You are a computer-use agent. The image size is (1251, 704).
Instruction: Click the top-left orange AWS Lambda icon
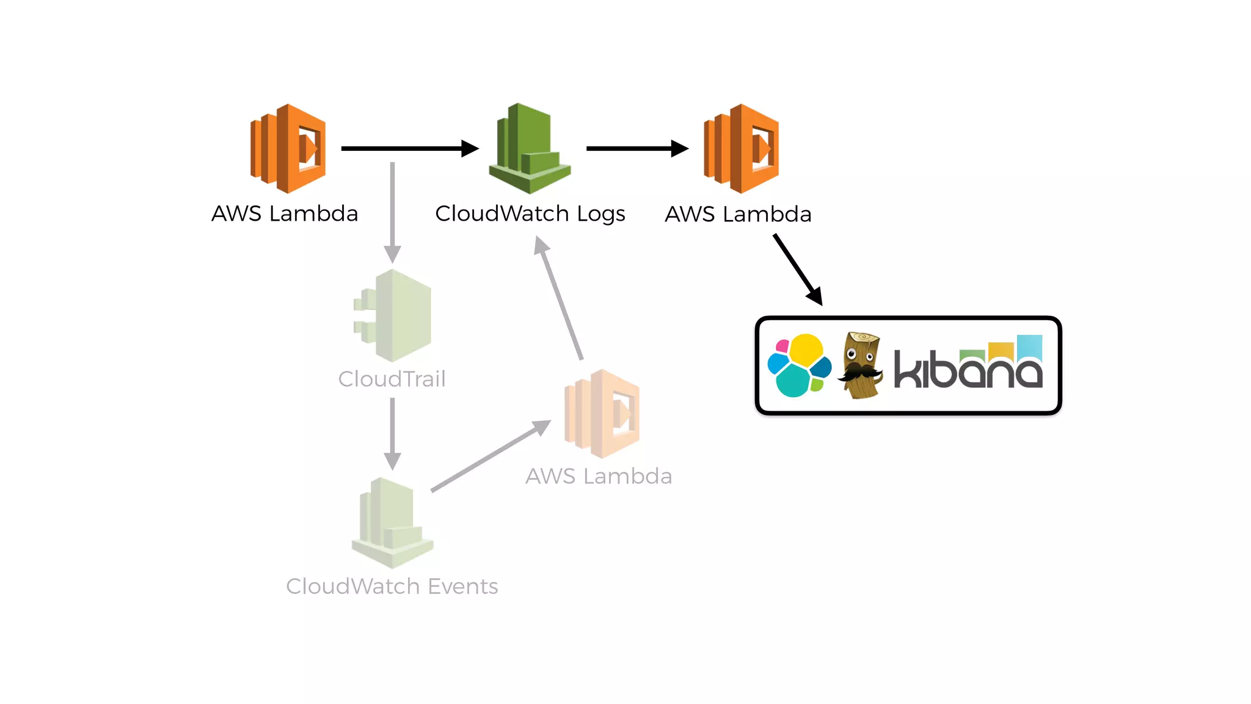288,148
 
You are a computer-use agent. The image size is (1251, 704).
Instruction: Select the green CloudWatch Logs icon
530,148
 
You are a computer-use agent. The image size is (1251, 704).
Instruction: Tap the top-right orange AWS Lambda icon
741,148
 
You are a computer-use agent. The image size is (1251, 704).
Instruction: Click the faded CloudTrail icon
393,315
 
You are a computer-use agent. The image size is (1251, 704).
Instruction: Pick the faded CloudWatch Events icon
392,523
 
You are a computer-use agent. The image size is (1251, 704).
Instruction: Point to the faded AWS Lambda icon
602,414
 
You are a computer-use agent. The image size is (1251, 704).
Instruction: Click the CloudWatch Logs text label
530,214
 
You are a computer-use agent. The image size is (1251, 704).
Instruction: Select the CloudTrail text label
392,379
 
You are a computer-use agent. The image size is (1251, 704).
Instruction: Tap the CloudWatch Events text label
392,587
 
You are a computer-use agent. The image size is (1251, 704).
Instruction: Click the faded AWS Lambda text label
599,476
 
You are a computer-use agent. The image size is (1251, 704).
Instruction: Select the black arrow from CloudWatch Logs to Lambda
636,148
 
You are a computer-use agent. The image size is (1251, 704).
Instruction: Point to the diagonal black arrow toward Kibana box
797,269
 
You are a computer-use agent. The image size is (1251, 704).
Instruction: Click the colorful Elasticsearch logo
799,365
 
